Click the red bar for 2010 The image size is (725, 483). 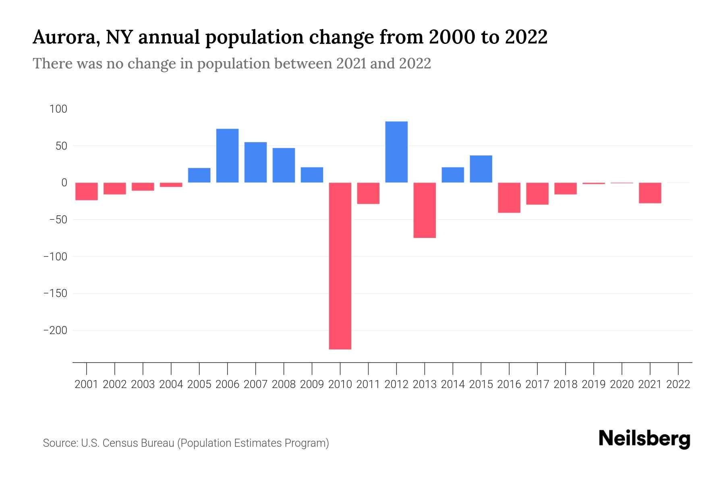(x=340, y=266)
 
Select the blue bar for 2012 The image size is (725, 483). (x=396, y=152)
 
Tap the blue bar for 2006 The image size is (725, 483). (x=227, y=156)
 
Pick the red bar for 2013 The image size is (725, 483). (x=425, y=210)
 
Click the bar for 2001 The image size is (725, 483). (x=87, y=191)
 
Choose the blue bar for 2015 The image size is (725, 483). (x=481, y=169)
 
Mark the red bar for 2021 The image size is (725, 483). (x=650, y=193)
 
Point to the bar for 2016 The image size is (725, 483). (x=509, y=198)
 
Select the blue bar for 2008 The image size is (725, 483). (x=284, y=165)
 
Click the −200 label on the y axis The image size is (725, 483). (x=55, y=330)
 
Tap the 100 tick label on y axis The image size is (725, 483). (x=58, y=109)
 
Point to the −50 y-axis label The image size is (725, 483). (x=58, y=220)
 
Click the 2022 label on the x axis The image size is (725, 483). (x=678, y=384)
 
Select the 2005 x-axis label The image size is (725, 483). (x=199, y=384)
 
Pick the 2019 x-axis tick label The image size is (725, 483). (x=594, y=384)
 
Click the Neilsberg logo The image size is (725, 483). (x=644, y=439)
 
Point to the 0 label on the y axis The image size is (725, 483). (x=64, y=183)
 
